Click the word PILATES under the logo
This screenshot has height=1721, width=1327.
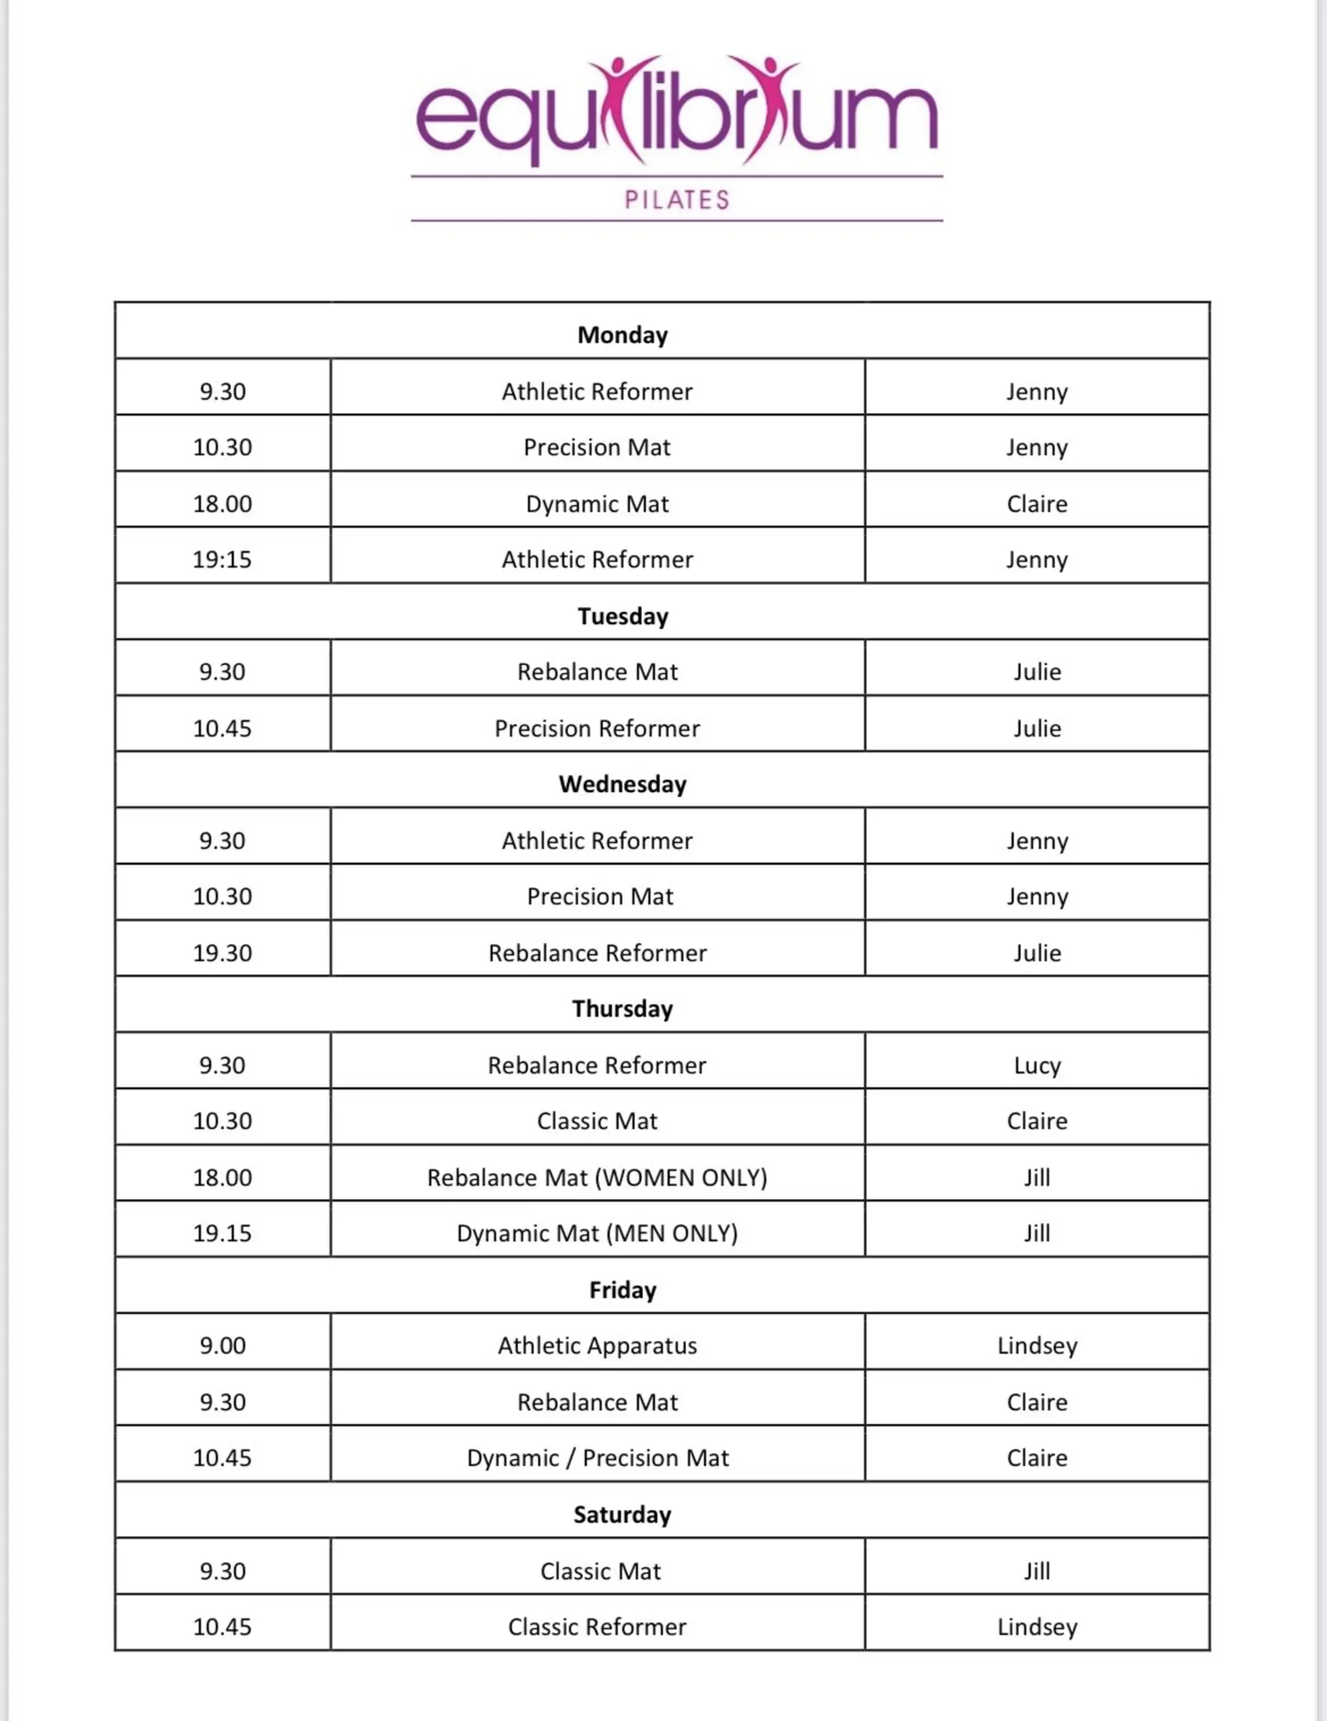pyautogui.click(x=676, y=199)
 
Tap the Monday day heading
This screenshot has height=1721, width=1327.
pyautogui.click(x=622, y=335)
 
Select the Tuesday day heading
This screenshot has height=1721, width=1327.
pyautogui.click(x=622, y=616)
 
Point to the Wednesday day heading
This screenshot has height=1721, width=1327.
pyautogui.click(x=622, y=784)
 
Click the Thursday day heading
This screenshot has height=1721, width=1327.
pyautogui.click(x=622, y=1009)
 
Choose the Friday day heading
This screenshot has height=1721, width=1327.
pyautogui.click(x=622, y=1290)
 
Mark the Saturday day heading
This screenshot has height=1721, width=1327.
pyautogui.click(x=622, y=1514)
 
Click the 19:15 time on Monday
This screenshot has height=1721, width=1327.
pyautogui.click(x=222, y=559)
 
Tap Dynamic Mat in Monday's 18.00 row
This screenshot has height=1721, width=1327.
pyautogui.click(x=597, y=504)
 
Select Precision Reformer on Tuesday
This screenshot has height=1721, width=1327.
pyautogui.click(x=597, y=728)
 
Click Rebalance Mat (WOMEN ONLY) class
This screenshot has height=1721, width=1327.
pyautogui.click(x=597, y=1177)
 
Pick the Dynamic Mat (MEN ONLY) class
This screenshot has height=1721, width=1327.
pyautogui.click(x=597, y=1233)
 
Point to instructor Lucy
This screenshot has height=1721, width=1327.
pyautogui.click(x=1037, y=1065)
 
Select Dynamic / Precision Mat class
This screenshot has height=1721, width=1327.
pyautogui.click(x=597, y=1458)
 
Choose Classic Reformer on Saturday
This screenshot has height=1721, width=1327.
pyautogui.click(x=597, y=1627)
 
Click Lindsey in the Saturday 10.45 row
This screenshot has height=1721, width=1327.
pyautogui.click(x=1037, y=1627)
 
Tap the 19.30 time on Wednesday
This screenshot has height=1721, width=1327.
pyautogui.click(x=222, y=952)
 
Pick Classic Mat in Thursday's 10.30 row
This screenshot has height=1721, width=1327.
pyautogui.click(x=597, y=1121)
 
